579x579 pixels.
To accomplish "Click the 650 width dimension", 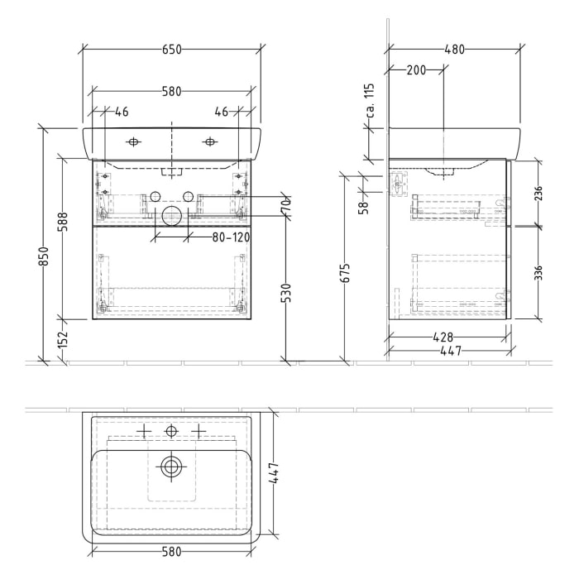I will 171,50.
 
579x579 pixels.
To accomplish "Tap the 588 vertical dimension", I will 64,235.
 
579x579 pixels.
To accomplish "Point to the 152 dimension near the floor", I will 64,339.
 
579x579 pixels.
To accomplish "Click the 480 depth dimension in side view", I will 453,50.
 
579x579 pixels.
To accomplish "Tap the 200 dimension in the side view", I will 416,70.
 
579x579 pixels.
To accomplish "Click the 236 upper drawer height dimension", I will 539,194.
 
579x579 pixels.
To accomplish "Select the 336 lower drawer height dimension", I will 539,273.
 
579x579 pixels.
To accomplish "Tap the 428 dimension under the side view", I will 447,337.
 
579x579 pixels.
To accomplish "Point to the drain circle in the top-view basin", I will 171,467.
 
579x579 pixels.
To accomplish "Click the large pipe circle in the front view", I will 171,217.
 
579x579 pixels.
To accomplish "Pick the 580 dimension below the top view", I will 171,550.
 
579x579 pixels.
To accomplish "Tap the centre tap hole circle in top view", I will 171,431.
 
